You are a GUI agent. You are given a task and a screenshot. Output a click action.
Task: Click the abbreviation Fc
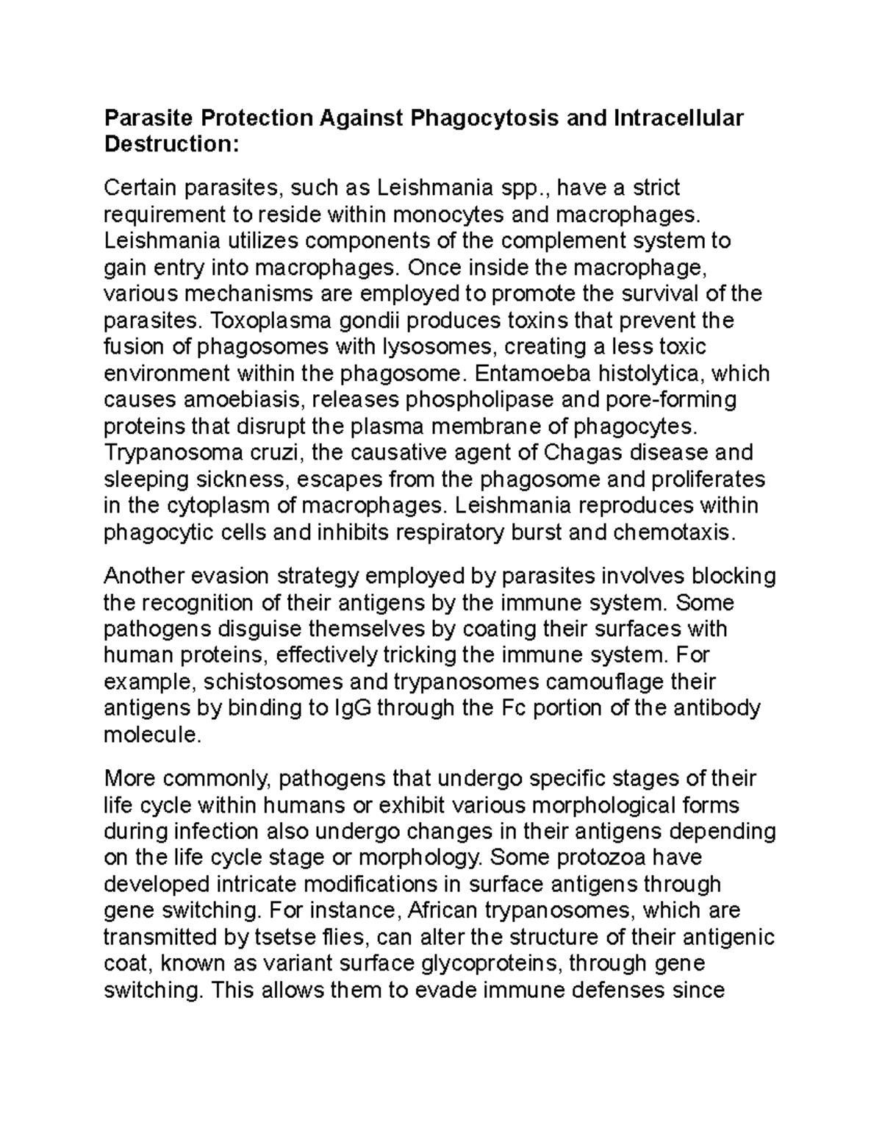(x=514, y=708)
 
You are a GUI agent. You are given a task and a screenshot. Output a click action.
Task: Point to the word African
(x=441, y=911)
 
